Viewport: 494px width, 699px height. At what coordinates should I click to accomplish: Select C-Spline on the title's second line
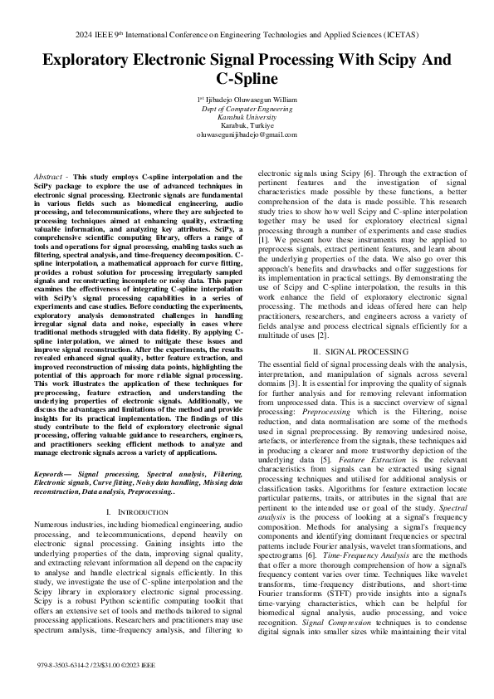pyautogui.click(x=247, y=81)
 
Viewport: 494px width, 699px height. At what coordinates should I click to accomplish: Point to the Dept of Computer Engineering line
pyautogui.click(x=246, y=108)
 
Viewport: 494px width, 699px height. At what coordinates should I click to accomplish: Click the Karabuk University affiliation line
pyautogui.click(x=246, y=116)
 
